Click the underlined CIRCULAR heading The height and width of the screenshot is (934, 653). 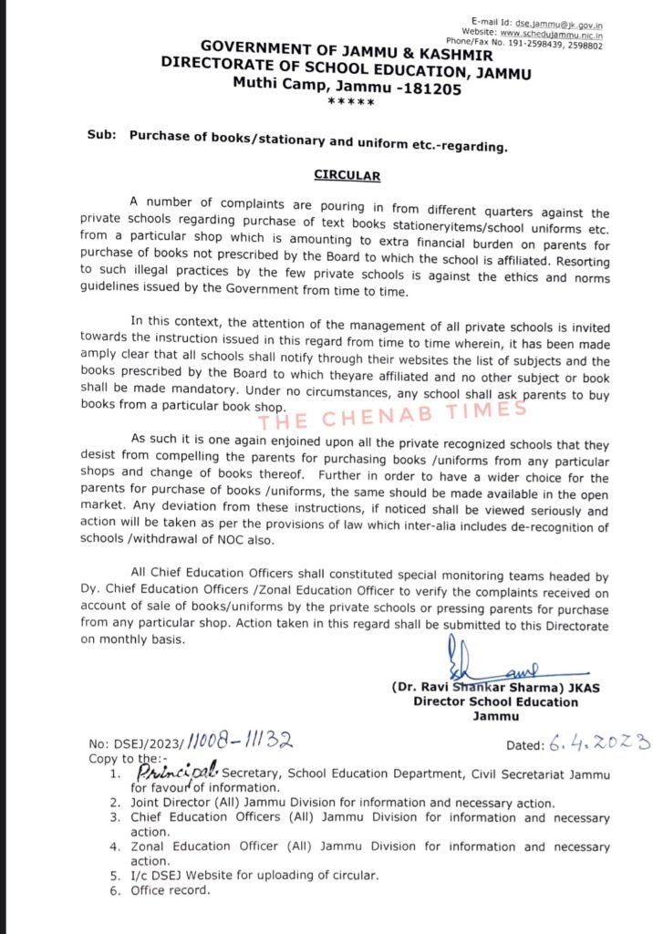click(334, 175)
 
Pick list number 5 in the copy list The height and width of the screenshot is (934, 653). click(115, 875)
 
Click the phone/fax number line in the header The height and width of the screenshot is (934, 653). click(549, 41)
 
